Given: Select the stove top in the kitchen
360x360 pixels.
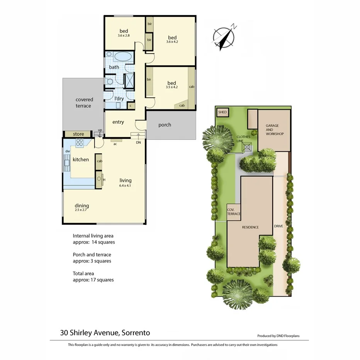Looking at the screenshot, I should [x=80, y=142].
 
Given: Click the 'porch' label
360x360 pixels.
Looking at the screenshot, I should [x=165, y=125].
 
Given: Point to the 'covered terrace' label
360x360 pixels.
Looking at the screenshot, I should [x=84, y=103].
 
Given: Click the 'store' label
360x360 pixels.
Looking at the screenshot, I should [x=78, y=134].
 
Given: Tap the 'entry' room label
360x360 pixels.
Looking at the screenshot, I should [x=118, y=122].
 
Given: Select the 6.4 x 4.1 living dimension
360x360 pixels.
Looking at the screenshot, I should [x=125, y=185].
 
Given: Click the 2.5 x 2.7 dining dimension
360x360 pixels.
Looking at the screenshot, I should [x=82, y=211].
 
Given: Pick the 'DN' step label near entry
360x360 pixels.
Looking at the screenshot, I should [x=139, y=143].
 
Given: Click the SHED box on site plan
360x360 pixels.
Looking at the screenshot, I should [x=222, y=112].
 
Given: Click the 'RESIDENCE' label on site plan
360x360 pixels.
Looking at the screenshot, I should [x=250, y=227].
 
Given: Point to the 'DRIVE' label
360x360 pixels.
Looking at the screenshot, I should [x=278, y=226].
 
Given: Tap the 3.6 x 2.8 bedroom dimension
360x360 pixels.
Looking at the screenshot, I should [x=124, y=36].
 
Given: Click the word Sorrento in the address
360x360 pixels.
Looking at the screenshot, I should [x=135, y=333].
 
